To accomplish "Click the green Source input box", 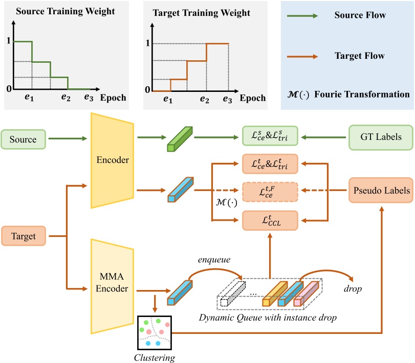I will point(25,138).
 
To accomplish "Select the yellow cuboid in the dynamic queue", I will point(275,293).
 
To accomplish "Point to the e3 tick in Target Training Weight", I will point(228,100).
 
